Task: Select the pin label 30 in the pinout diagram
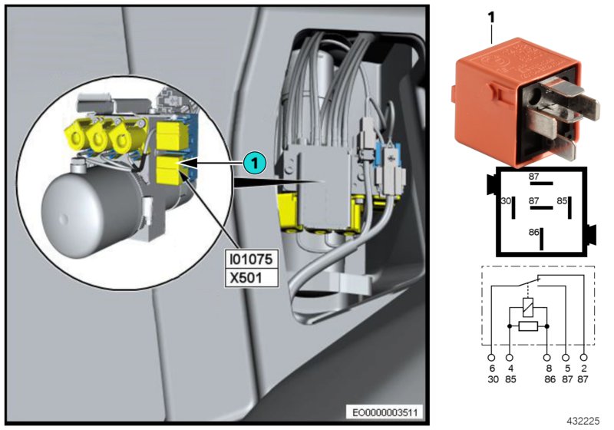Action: [506, 202]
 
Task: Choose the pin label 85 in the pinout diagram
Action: [562, 202]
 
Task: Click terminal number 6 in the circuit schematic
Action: [491, 368]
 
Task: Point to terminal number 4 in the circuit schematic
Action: [510, 368]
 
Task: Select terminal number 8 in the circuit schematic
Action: [547, 368]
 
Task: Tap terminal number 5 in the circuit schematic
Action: [566, 368]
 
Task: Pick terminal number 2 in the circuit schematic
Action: [585, 368]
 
